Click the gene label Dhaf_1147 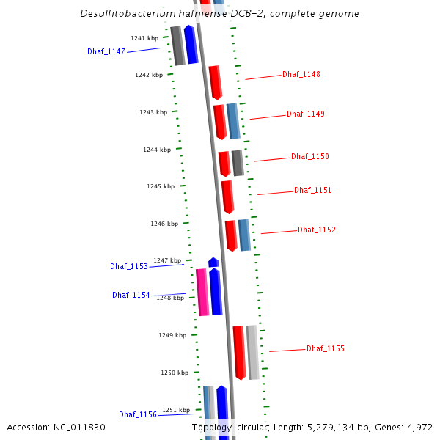[106, 51]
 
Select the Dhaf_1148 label [301, 75]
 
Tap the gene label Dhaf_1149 [305, 114]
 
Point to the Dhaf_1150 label [309, 157]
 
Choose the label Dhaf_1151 [312, 191]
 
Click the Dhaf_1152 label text [317, 230]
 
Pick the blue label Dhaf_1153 [129, 266]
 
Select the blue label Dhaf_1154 [131, 296]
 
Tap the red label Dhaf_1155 [325, 349]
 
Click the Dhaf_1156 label [138, 415]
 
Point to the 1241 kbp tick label [144, 38]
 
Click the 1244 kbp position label [157, 150]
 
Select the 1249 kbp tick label [172, 335]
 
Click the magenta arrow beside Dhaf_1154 [202, 292]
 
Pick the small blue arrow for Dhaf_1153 [213, 262]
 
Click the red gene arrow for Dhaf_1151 [227, 197]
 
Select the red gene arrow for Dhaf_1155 [239, 352]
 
